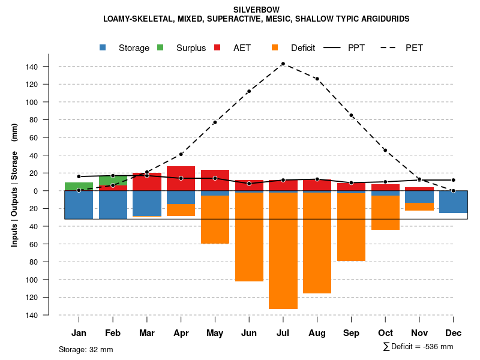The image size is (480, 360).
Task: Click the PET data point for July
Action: click(283, 64)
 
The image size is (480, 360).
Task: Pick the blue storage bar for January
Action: click(79, 205)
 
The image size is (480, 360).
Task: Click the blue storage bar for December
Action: click(453, 202)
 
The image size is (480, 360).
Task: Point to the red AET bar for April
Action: click(181, 178)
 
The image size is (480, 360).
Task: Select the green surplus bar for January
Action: click(79, 187)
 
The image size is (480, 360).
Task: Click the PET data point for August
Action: click(317, 79)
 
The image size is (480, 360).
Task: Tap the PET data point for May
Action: click(215, 122)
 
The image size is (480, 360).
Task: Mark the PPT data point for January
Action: click(79, 176)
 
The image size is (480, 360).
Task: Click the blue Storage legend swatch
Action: click(103, 47)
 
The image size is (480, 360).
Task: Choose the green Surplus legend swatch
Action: click(160, 47)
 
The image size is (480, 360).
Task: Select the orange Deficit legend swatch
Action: click(275, 47)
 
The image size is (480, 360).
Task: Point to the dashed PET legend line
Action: click(390, 47)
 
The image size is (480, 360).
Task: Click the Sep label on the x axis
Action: click(351, 333)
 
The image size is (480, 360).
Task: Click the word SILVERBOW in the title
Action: click(256, 10)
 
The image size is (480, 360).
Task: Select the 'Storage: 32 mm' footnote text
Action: click(86, 349)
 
